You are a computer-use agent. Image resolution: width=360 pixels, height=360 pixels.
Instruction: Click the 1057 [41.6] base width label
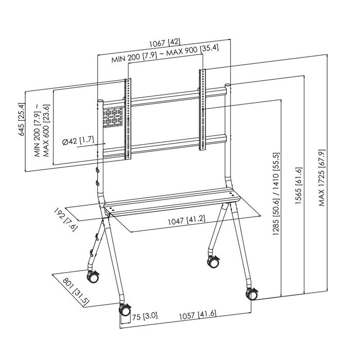pyautogui.click(x=198, y=315)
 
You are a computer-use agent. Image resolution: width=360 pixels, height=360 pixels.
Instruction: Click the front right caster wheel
pyautogui.click(x=253, y=294)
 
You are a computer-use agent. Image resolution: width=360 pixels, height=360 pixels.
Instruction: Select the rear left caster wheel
pyautogui.click(x=94, y=278)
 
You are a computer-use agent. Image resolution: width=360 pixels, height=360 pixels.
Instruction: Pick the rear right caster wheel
pyautogui.click(x=212, y=261)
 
